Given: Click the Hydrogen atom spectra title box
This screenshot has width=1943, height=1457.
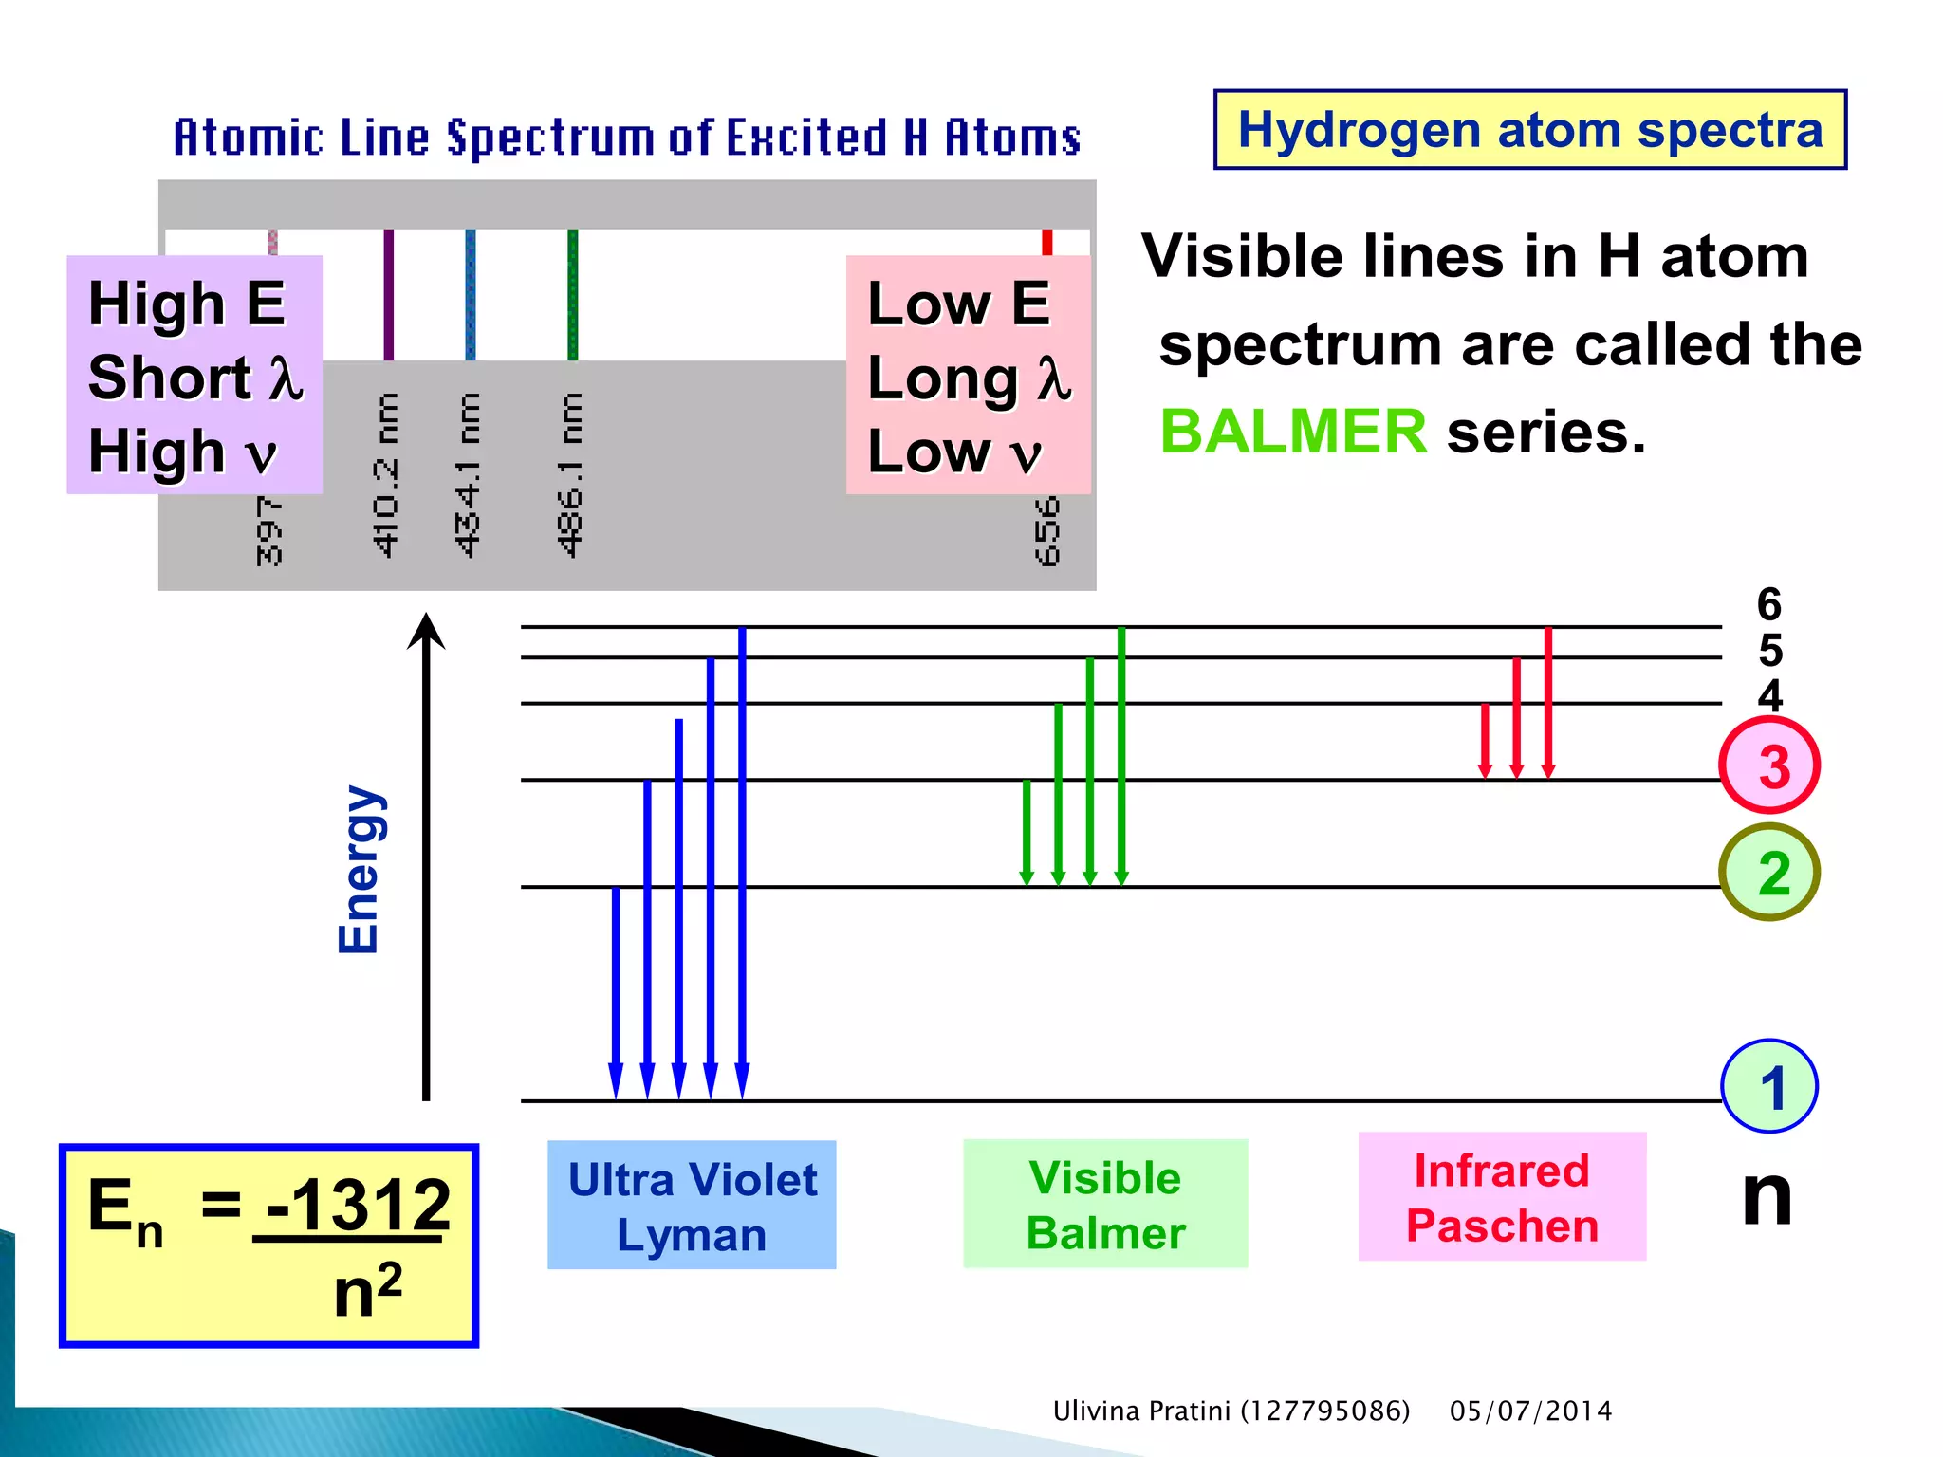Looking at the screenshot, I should [1529, 130].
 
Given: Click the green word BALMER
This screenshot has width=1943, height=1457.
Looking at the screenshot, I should [1292, 432].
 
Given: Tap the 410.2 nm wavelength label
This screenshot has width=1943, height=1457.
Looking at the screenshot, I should [385, 474].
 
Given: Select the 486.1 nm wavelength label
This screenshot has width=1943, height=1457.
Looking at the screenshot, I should [569, 474].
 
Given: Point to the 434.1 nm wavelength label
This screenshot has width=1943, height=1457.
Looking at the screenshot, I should [468, 474].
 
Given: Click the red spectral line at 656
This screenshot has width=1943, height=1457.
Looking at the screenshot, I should [1046, 242].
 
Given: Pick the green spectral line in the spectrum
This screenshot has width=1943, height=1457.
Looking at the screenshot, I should [572, 294].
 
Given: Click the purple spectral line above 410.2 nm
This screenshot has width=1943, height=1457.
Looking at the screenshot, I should [388, 294].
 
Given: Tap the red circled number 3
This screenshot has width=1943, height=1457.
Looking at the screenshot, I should [1769, 765].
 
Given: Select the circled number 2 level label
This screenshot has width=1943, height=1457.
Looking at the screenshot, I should [1769, 873].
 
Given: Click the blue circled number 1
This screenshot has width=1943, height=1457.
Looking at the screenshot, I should [1769, 1087].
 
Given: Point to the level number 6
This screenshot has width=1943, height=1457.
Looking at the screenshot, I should [1769, 605].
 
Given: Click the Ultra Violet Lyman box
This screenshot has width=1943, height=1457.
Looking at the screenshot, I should [692, 1205].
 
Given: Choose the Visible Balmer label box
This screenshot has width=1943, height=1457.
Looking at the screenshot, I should [1105, 1204].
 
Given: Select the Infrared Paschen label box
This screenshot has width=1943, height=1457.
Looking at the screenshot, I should [1502, 1196].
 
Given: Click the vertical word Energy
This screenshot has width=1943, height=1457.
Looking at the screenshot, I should [360, 869].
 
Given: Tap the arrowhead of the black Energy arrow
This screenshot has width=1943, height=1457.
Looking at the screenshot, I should [426, 630].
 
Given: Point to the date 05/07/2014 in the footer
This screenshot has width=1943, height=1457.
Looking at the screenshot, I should [1530, 1411].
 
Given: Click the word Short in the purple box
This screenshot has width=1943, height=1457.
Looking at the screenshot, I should [170, 378].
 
